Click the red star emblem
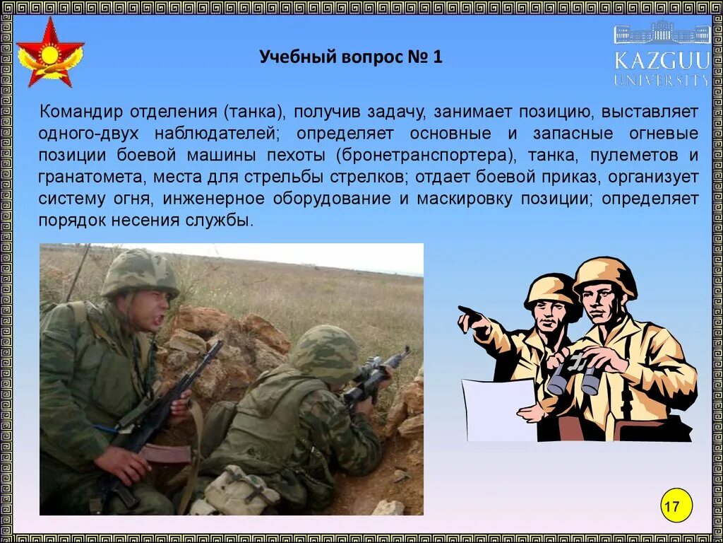pyautogui.click(x=49, y=52)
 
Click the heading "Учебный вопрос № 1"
pyautogui.click(x=350, y=57)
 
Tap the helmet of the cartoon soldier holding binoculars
pyautogui.click(x=604, y=275)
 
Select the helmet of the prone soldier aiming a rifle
pyautogui.click(x=326, y=352)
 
